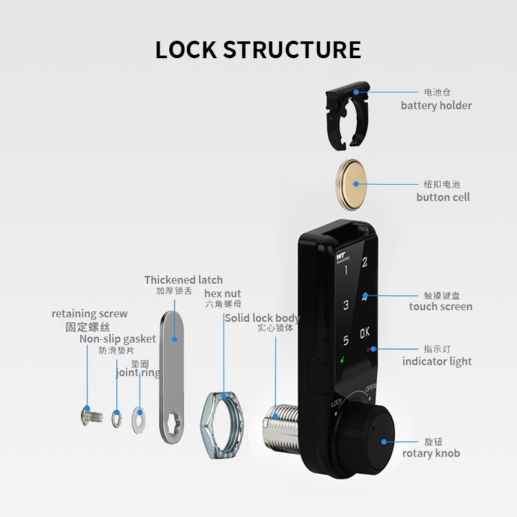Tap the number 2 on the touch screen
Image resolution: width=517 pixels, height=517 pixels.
(x=365, y=262)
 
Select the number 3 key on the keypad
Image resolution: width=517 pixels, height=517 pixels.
(x=346, y=305)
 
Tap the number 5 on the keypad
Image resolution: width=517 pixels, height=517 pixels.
(x=346, y=340)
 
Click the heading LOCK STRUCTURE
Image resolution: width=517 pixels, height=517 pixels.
(x=258, y=50)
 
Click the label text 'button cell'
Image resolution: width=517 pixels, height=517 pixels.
(x=443, y=197)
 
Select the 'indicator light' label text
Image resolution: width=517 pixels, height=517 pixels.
(x=437, y=361)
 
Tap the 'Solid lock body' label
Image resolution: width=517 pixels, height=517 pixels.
(x=262, y=318)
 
